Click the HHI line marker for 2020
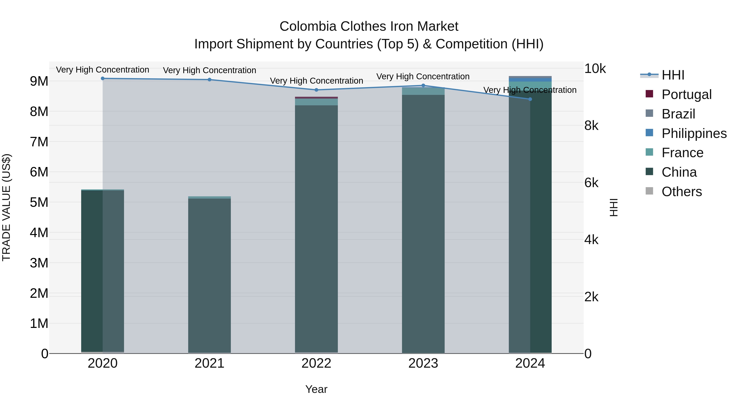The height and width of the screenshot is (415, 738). pos(102,78)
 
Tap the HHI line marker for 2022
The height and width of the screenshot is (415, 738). pos(316,90)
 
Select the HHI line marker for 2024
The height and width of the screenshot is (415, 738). pos(530,99)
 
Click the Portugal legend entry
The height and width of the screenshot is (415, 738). pos(686,94)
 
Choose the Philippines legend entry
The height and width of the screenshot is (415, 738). pos(694,133)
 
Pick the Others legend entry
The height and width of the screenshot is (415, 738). pos(682,192)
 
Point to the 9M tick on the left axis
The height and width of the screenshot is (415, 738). pos(39,81)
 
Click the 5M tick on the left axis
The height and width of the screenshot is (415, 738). pos(39,202)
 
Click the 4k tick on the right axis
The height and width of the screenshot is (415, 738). pos(591,240)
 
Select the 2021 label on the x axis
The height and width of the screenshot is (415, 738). pos(210,363)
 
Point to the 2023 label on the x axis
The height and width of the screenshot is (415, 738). pos(423,363)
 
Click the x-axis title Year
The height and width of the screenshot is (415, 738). pos(316,389)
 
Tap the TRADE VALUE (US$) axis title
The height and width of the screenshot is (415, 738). pos(6,207)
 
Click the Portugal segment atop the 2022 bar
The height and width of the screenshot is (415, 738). pos(316,98)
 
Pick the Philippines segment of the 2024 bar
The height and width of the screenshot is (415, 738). pos(530,80)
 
